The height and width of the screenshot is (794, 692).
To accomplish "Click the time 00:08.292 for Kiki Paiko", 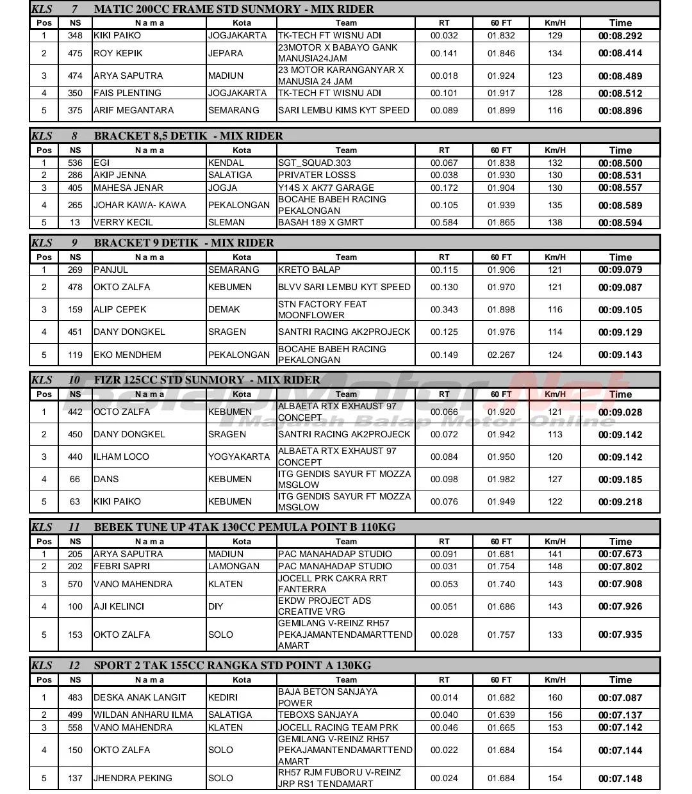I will (x=620, y=36).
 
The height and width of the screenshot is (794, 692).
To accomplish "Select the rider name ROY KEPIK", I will (x=118, y=53).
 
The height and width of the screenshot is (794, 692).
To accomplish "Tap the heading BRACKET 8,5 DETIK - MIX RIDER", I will (x=188, y=136).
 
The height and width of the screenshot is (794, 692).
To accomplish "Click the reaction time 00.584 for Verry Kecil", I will (x=444, y=222).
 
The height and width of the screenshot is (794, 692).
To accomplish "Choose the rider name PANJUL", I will (x=111, y=270).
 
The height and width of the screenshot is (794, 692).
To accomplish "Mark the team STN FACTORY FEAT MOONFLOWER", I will (x=322, y=309).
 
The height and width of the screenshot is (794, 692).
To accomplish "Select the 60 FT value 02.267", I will (x=501, y=354).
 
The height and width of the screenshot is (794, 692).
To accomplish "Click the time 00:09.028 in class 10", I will (x=620, y=412).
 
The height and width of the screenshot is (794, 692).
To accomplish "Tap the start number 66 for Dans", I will (x=75, y=479).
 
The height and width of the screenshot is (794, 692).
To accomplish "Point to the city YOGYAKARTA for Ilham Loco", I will (x=239, y=457).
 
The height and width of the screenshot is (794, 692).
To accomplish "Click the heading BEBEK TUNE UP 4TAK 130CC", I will (x=245, y=527).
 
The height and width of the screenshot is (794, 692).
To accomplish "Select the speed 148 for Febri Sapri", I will (x=555, y=566).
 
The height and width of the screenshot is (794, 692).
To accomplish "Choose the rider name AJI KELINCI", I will (x=119, y=606).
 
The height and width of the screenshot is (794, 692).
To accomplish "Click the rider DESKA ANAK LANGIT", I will (x=140, y=697).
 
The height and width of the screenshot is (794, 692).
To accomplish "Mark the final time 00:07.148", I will (x=620, y=779).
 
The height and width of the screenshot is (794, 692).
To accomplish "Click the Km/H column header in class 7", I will (x=555, y=23).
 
